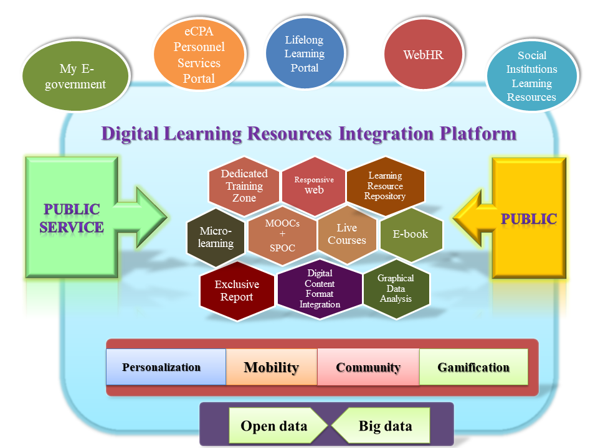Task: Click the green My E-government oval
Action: click(75, 77)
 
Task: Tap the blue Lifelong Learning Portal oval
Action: click(305, 54)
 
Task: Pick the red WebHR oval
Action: click(424, 55)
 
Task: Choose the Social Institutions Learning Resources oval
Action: click(531, 77)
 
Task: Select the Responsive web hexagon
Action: click(314, 185)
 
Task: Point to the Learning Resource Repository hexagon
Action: click(385, 185)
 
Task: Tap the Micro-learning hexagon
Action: click(216, 237)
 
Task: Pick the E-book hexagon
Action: click(411, 235)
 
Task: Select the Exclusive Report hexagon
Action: click(237, 291)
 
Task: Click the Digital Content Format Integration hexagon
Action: click(320, 289)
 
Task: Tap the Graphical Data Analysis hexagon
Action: click(396, 289)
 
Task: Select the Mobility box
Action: click(272, 367)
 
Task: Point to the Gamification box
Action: click(473, 367)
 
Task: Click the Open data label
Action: click(274, 426)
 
